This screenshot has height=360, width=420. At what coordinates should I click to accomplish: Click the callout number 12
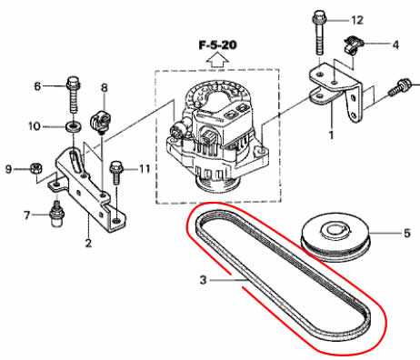click(357, 20)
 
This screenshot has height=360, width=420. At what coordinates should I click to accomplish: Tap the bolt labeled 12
click(319, 33)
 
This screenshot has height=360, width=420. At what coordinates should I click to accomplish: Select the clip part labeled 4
click(352, 45)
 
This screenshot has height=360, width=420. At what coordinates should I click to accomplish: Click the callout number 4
click(395, 45)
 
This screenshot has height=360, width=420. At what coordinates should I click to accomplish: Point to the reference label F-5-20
click(217, 45)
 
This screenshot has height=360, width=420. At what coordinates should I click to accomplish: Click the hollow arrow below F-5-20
click(217, 61)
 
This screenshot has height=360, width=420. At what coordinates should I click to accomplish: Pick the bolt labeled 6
click(73, 95)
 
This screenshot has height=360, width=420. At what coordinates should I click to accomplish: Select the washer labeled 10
click(73, 125)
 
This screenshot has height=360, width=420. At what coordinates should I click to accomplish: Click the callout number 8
click(104, 88)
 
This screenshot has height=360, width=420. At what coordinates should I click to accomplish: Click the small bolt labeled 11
click(116, 173)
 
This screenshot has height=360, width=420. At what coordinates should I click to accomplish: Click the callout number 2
click(88, 243)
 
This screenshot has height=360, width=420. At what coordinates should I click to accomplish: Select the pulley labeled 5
click(335, 238)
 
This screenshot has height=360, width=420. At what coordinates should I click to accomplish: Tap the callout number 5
click(406, 233)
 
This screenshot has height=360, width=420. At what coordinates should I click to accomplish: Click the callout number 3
click(203, 280)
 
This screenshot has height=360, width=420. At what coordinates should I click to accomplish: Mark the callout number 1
click(331, 135)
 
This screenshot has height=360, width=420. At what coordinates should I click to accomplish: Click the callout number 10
click(35, 126)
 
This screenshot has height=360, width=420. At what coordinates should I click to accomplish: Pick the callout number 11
click(144, 168)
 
